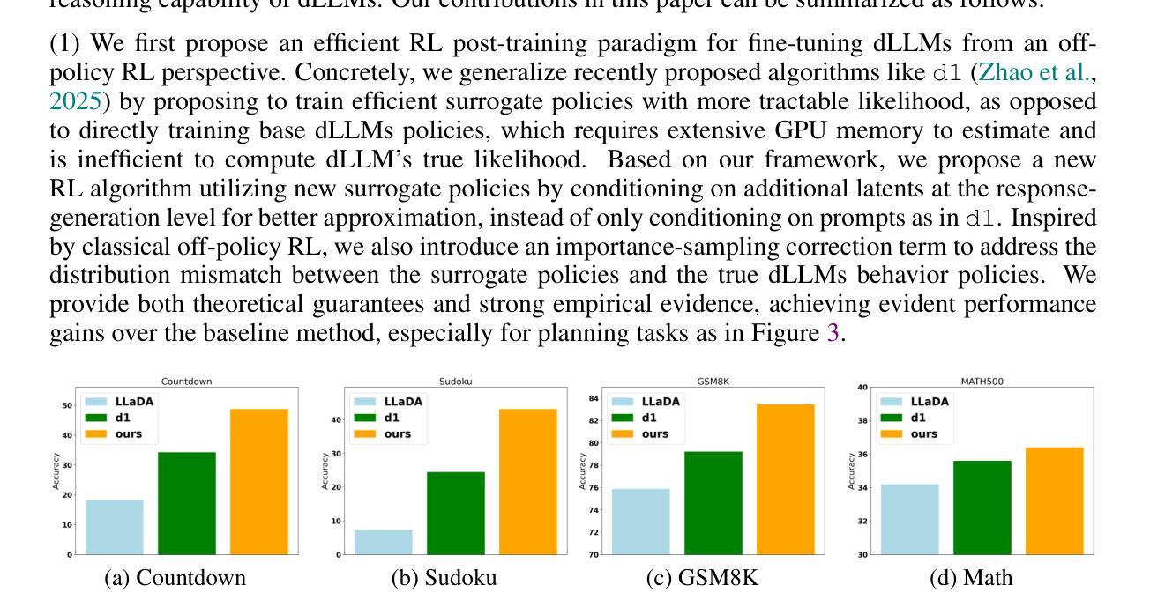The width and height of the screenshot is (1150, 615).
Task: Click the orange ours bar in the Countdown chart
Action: point(258,481)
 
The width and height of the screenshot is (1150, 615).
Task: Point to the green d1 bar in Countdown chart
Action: point(187,503)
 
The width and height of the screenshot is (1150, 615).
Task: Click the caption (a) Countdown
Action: point(175,578)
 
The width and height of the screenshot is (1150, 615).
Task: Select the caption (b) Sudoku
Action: point(444,578)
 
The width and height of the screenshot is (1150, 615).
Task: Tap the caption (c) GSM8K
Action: point(701,578)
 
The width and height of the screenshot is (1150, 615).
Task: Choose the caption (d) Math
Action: point(970,578)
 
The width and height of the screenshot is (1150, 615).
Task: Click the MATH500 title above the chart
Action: point(982,382)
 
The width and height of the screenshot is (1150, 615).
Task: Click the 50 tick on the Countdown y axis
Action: point(67,405)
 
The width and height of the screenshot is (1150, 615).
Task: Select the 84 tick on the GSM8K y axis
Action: point(594,398)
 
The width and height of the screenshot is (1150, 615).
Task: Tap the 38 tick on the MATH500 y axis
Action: point(862,421)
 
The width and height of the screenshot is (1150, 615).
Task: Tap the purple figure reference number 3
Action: point(832,334)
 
